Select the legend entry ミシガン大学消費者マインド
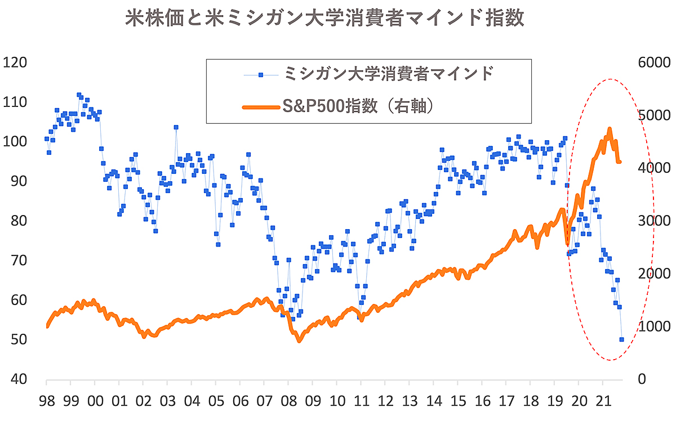click(x=389, y=73)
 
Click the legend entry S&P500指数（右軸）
click(x=358, y=105)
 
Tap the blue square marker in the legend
click(x=261, y=74)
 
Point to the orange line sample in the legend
click(x=261, y=106)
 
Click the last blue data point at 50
click(x=622, y=339)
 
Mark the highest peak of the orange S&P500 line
click(x=610, y=129)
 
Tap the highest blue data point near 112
click(x=79, y=95)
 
